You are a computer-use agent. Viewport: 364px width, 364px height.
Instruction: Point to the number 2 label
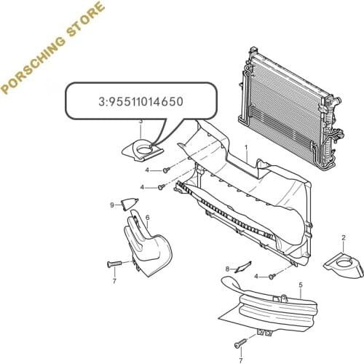[x=342, y=238]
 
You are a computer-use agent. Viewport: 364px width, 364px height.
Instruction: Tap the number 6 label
[x=147, y=217]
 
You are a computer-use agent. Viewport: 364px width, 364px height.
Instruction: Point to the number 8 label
[x=227, y=269]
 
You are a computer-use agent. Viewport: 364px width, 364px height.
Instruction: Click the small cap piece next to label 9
[x=128, y=204]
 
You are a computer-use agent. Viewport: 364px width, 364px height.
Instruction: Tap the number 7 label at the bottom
[x=241, y=360]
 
